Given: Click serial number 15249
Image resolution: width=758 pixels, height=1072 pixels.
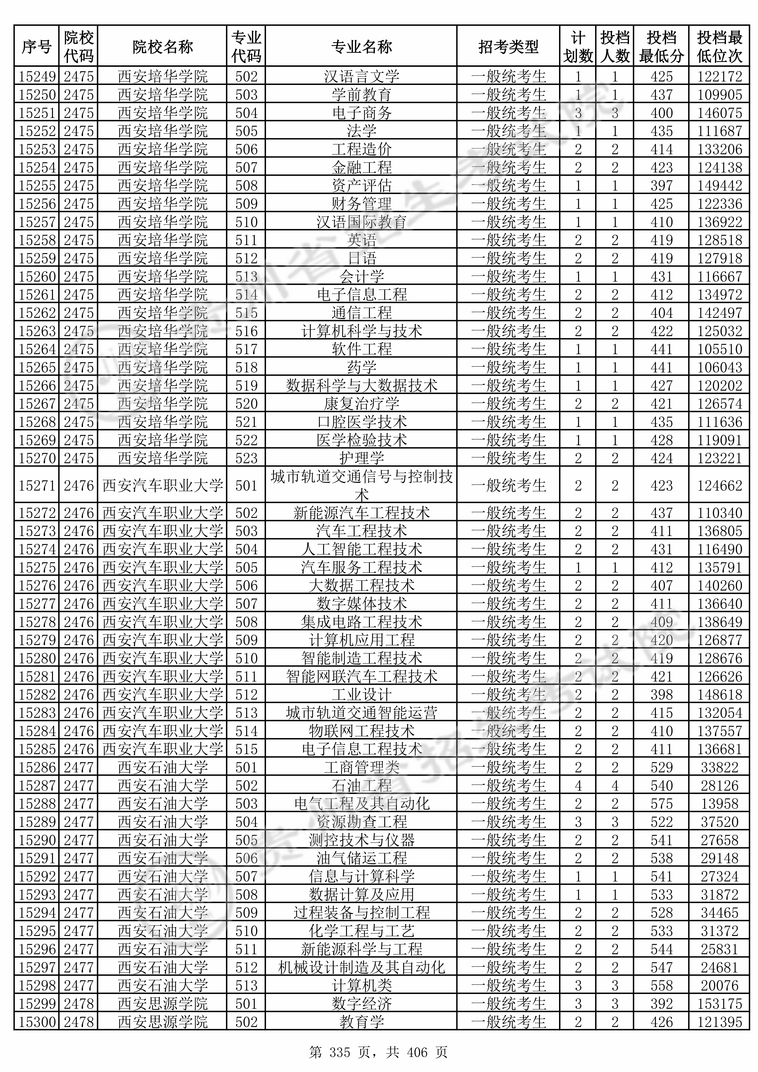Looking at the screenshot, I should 37,76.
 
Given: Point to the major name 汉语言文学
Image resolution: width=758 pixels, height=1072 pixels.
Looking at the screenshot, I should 361,76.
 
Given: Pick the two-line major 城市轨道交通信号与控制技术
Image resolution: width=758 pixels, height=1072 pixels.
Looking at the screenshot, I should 361,485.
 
